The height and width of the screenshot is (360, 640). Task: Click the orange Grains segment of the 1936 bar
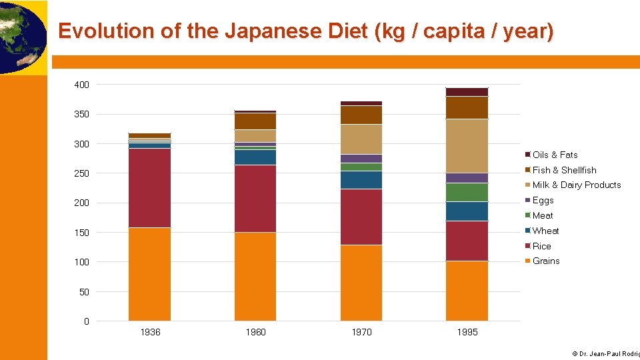tap(149, 274)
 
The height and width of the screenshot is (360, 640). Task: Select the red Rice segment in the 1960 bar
tap(255, 199)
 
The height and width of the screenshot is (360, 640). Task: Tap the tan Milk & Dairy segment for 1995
tap(467, 146)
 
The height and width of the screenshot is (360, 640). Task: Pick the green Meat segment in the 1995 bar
tap(467, 192)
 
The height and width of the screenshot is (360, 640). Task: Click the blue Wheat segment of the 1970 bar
tap(361, 180)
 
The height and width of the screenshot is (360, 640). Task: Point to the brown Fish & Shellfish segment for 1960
tap(255, 121)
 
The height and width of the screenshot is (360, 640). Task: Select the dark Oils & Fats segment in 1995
tap(467, 92)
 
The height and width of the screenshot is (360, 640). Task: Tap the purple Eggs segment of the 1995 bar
tap(467, 178)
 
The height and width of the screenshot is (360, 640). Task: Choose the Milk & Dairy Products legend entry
tap(576, 185)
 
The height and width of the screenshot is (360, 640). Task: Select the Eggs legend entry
tap(543, 200)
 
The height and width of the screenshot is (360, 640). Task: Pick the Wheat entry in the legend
tap(545, 231)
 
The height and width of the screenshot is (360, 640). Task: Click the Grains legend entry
tap(546, 261)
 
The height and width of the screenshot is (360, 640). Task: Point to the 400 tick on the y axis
tap(82, 85)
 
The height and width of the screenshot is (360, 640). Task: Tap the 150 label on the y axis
tap(82, 233)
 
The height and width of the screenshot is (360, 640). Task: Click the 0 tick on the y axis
tap(86, 321)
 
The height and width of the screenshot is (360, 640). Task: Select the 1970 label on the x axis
tap(361, 332)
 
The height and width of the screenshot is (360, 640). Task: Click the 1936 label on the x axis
tap(150, 332)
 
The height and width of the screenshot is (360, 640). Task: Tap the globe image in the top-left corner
tap(21, 37)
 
